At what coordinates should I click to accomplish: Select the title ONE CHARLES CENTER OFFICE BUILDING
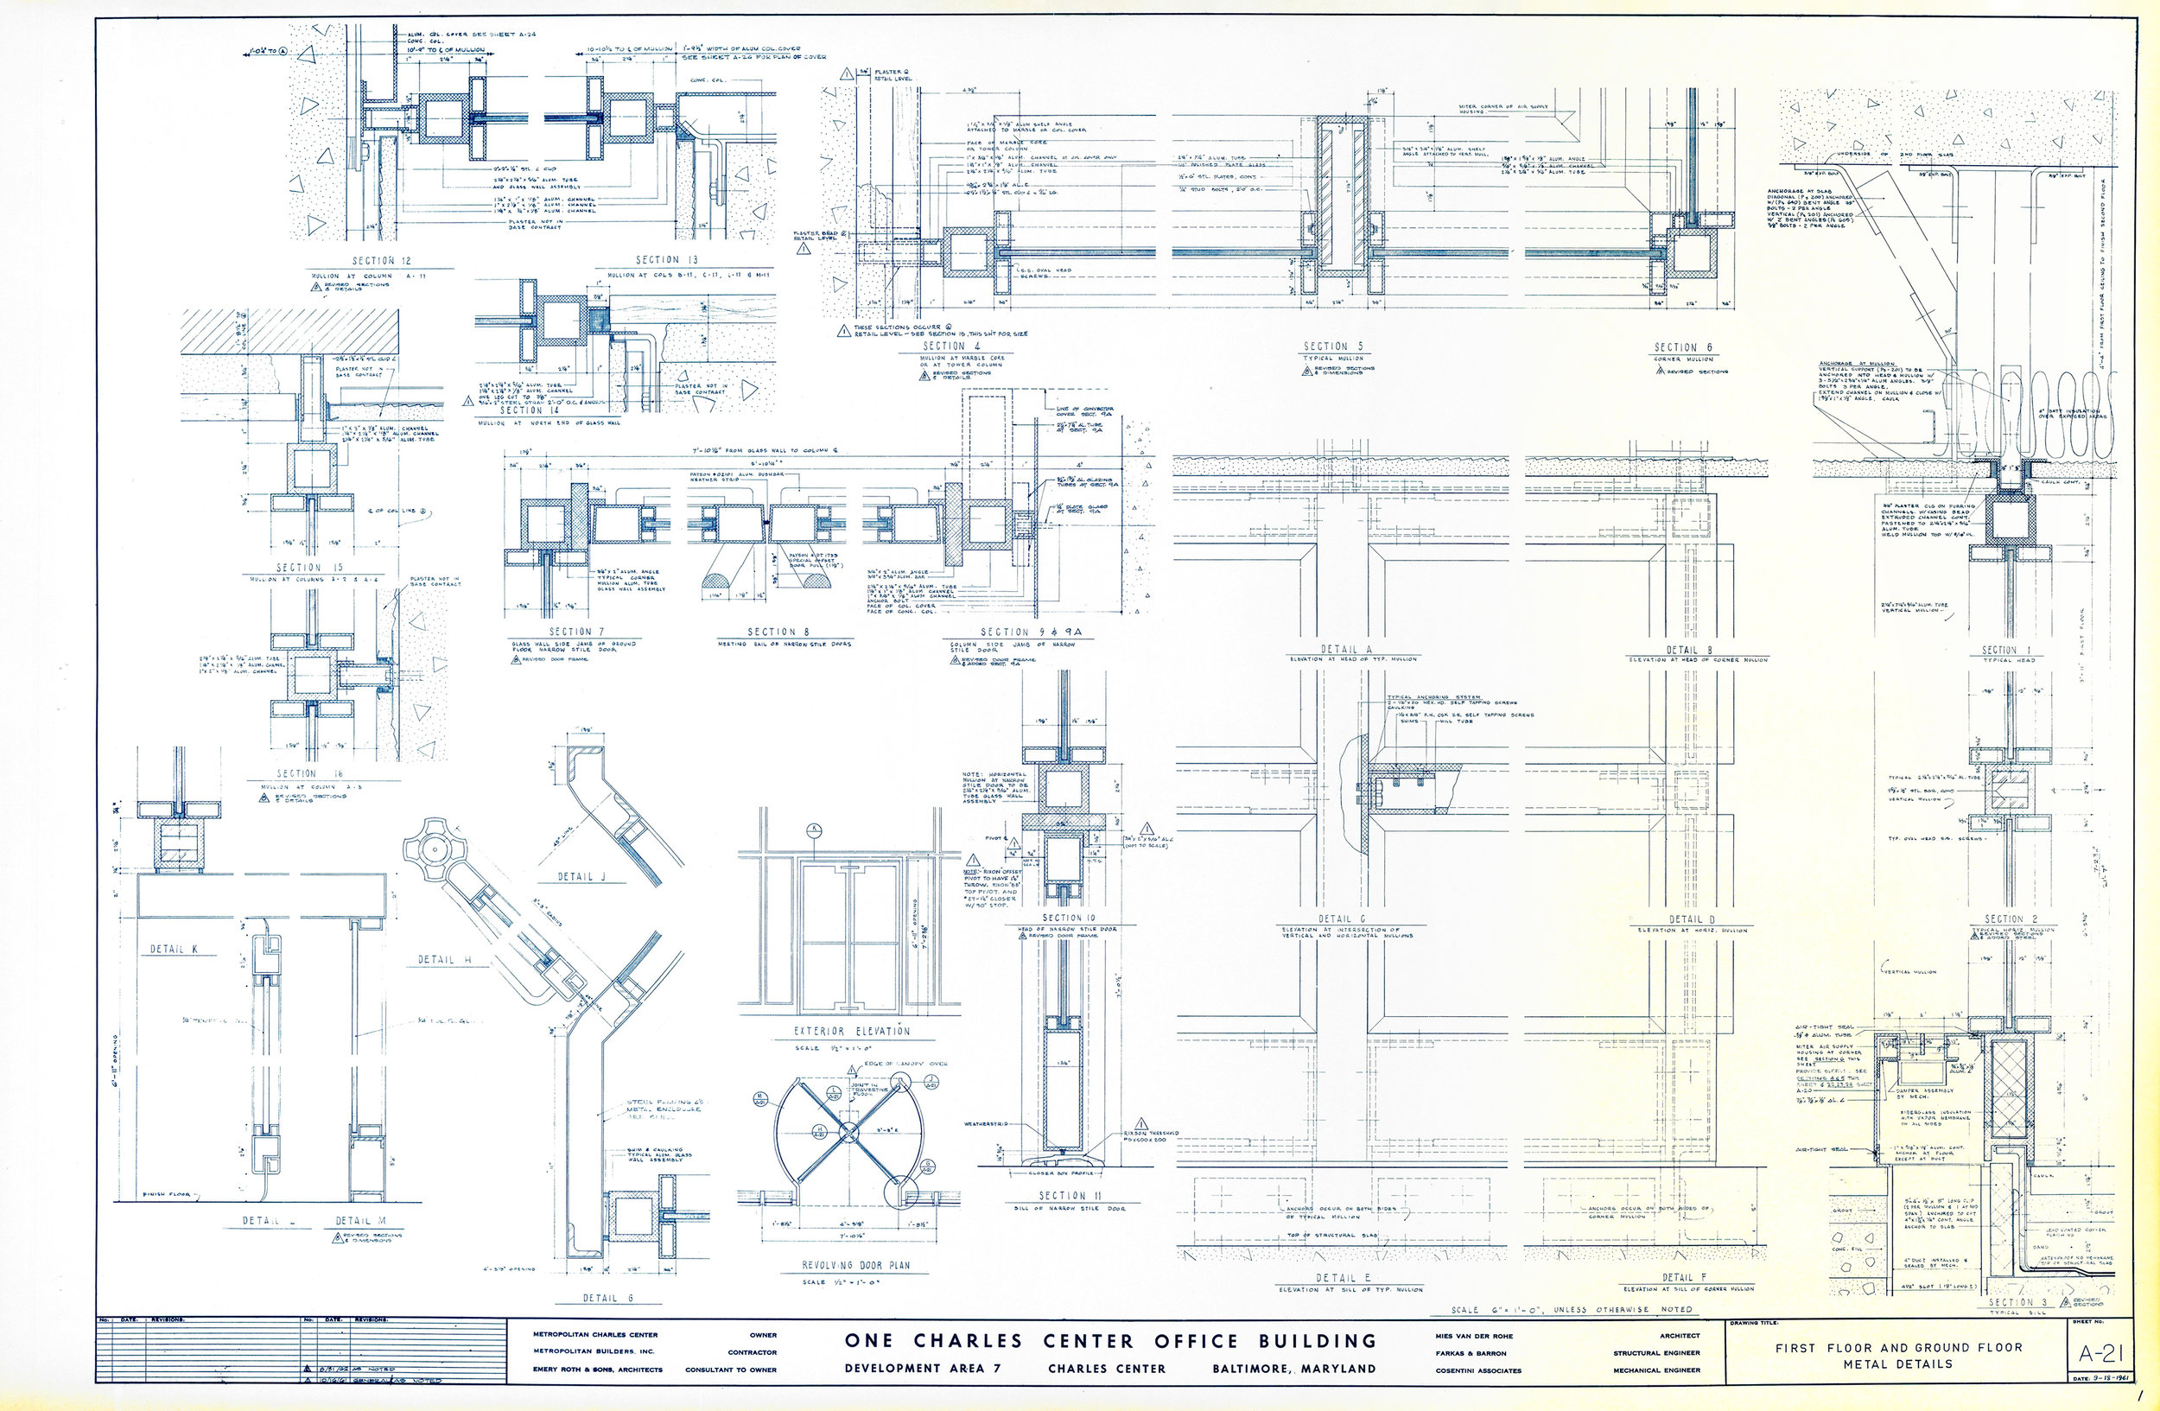click(x=1111, y=1340)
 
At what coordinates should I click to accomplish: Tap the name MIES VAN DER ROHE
click(x=1475, y=1336)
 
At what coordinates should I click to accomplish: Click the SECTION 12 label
click(x=381, y=260)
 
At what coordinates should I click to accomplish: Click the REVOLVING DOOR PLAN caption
click(x=854, y=1265)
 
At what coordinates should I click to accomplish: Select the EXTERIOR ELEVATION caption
click(x=851, y=1031)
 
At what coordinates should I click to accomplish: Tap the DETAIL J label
click(x=581, y=876)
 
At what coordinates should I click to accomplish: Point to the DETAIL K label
click(x=173, y=949)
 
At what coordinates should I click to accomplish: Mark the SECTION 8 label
click(x=778, y=632)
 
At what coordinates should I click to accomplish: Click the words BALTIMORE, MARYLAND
click(x=1293, y=1369)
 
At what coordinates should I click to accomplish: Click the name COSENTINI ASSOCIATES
click(x=1478, y=1370)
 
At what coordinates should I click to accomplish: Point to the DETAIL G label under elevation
click(x=1342, y=919)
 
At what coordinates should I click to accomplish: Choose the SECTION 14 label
click(x=529, y=410)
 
